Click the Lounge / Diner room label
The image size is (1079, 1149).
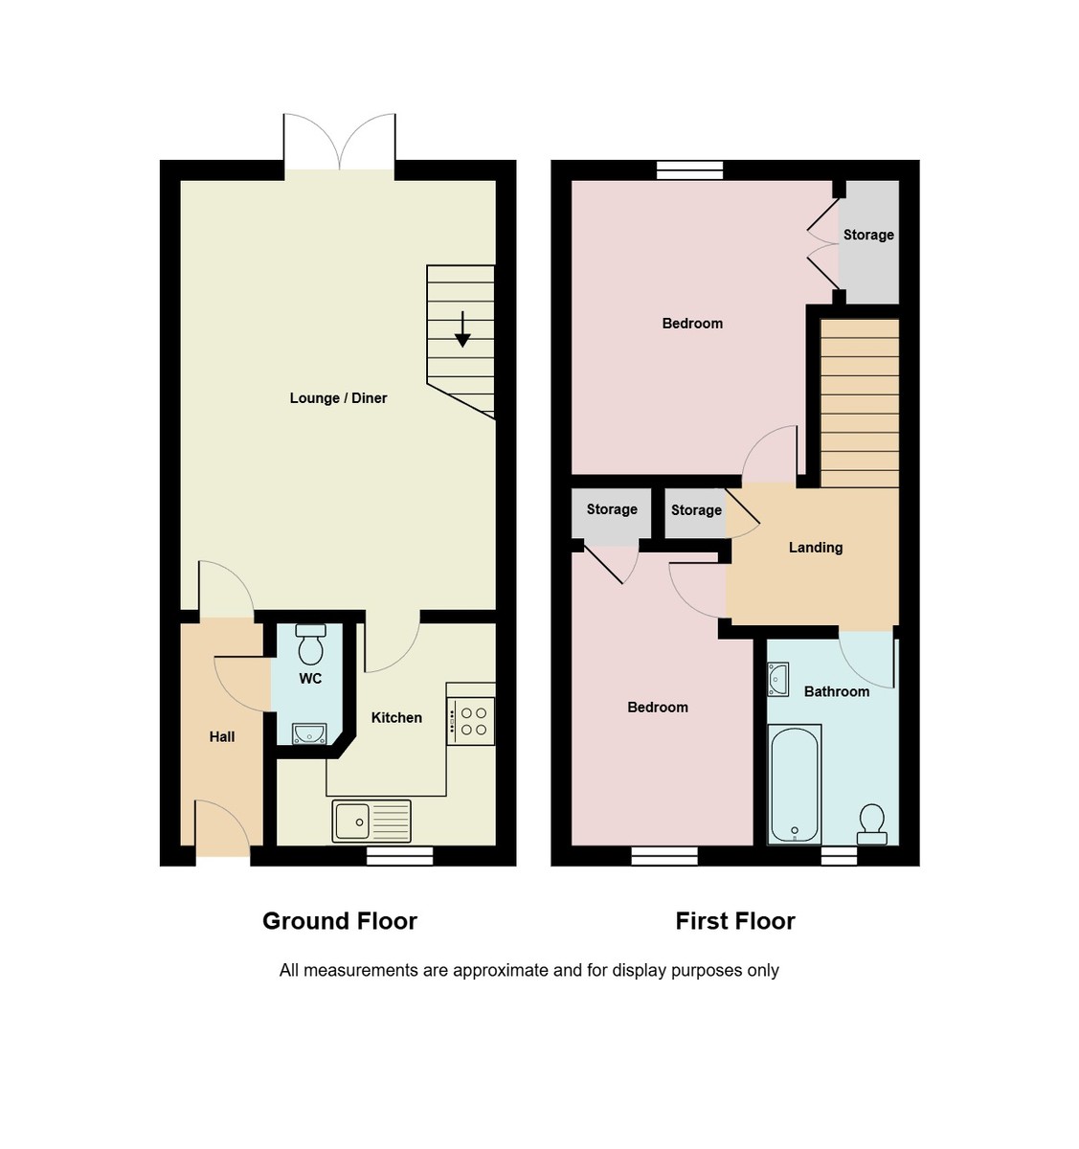[338, 398]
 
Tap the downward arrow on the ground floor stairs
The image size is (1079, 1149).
[462, 329]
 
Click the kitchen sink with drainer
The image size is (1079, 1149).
[371, 822]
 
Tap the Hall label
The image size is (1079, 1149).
[222, 737]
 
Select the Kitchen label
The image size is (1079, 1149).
[396, 718]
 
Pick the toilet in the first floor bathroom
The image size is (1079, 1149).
[871, 824]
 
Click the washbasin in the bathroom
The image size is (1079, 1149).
[777, 679]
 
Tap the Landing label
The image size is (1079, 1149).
[816, 548]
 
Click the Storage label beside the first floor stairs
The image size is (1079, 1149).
[868, 235]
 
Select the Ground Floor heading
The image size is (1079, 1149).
[340, 921]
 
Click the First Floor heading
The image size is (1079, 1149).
[735, 921]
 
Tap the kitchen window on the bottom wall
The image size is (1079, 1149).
[399, 856]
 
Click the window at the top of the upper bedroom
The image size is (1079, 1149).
[689, 170]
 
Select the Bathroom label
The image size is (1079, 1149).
[837, 691]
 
